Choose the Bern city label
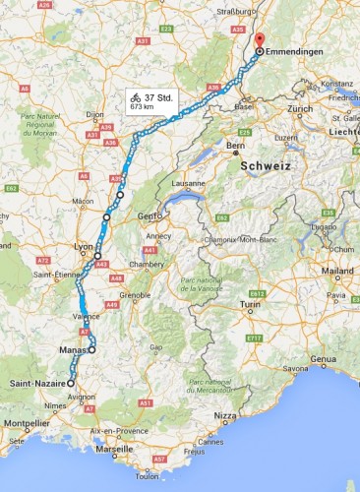235,147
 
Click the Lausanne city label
188,183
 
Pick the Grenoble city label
135,293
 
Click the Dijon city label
94,113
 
